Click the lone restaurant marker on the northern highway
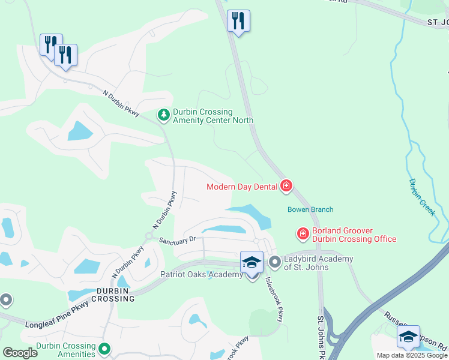pos(238,22)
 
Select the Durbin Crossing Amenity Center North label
pos(212,116)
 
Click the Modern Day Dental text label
pos(242,187)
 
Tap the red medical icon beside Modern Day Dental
pos(286,186)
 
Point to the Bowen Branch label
pos(310,209)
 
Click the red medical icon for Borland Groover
pos(303,233)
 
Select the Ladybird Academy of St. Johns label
pos(319,263)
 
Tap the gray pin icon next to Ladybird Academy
pos(275,262)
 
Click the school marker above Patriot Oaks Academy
pos(252,263)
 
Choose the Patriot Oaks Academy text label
pos(201,275)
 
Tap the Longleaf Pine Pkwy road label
pos(57,315)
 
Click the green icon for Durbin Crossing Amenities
pos(105,349)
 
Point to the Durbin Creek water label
pos(422,197)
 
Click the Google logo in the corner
pos(20,353)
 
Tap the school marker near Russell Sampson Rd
pos(408,337)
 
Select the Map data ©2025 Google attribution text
pos(412,355)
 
